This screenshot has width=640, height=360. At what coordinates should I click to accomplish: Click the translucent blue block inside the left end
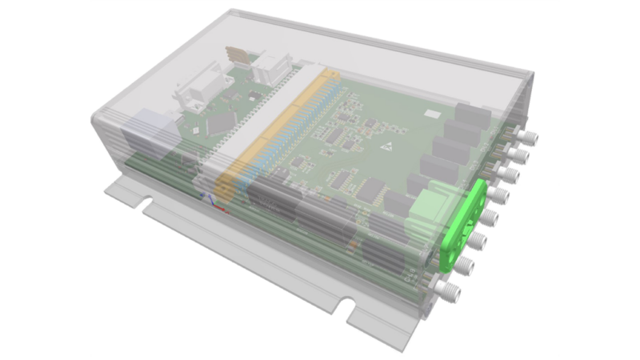(x=156, y=127)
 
